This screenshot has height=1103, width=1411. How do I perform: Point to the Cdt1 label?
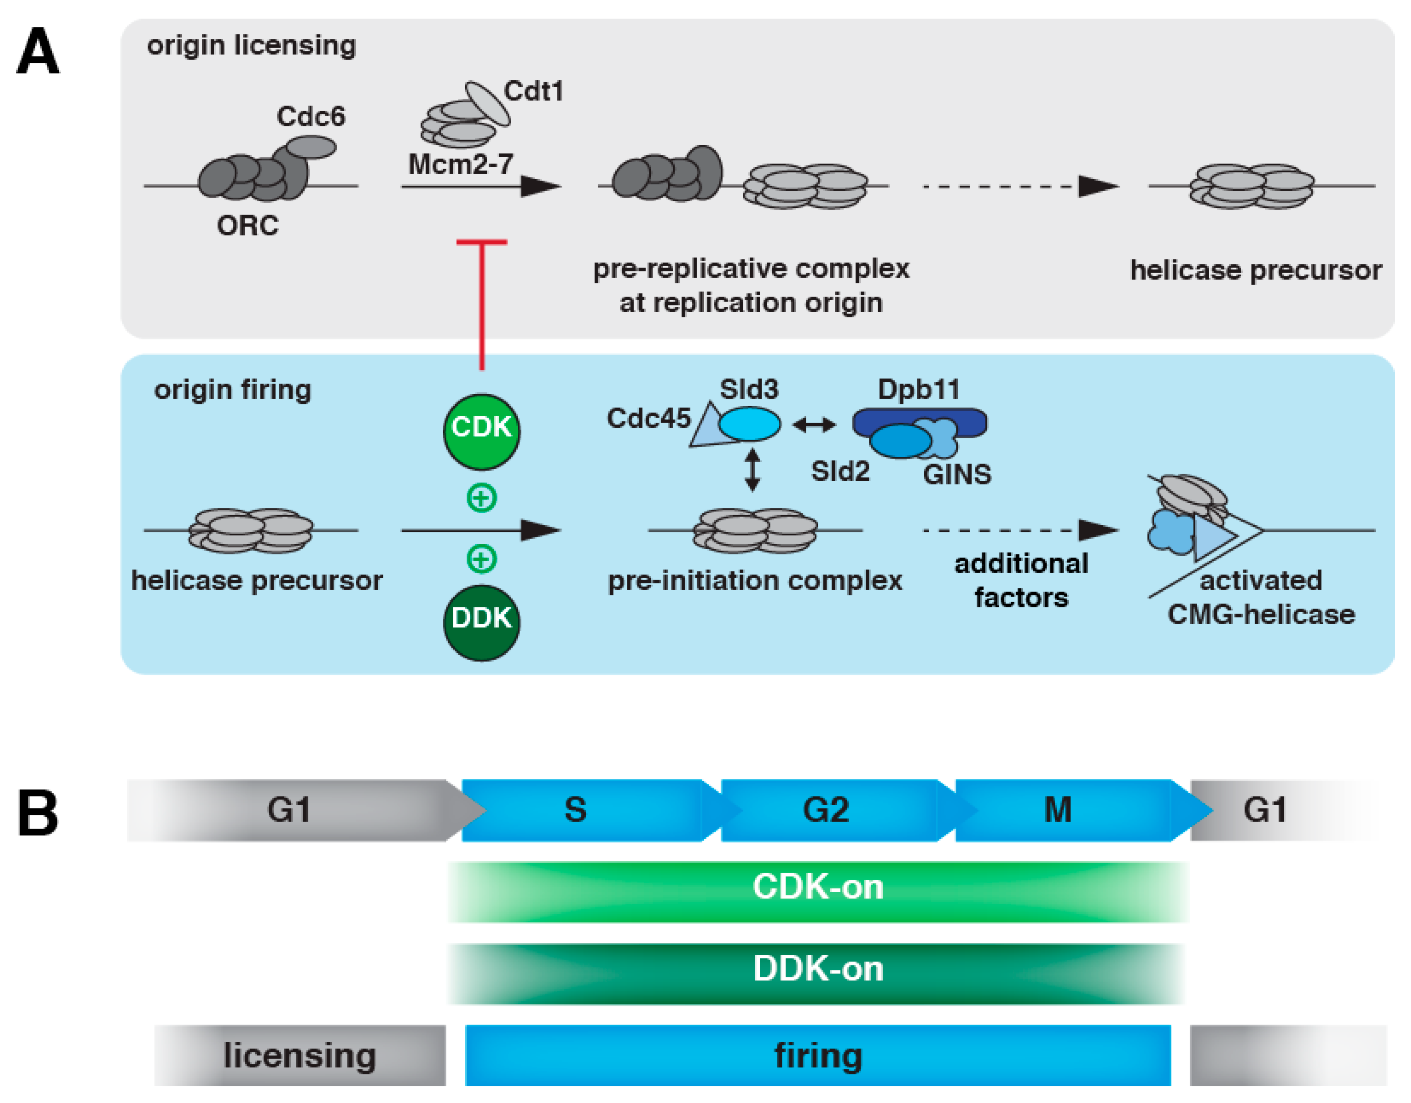(x=534, y=91)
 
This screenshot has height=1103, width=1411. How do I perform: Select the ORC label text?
(x=248, y=226)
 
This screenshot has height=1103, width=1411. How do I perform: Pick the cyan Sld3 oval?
(x=749, y=424)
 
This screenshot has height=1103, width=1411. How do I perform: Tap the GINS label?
(x=957, y=475)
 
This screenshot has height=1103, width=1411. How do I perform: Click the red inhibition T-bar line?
(x=481, y=303)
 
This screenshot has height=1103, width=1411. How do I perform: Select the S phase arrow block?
(x=581, y=810)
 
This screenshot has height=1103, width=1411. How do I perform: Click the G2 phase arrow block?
(x=827, y=810)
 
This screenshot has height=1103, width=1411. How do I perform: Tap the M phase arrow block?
(x=1060, y=810)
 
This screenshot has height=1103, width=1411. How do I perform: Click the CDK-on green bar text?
(x=818, y=887)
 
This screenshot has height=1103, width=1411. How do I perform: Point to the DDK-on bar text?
(x=818, y=969)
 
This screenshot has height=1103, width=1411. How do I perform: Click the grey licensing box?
(x=300, y=1055)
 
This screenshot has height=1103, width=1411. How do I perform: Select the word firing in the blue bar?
(x=818, y=1055)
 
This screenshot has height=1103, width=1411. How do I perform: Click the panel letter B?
(x=37, y=812)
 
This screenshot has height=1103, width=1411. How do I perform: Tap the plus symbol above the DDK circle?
(x=481, y=559)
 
